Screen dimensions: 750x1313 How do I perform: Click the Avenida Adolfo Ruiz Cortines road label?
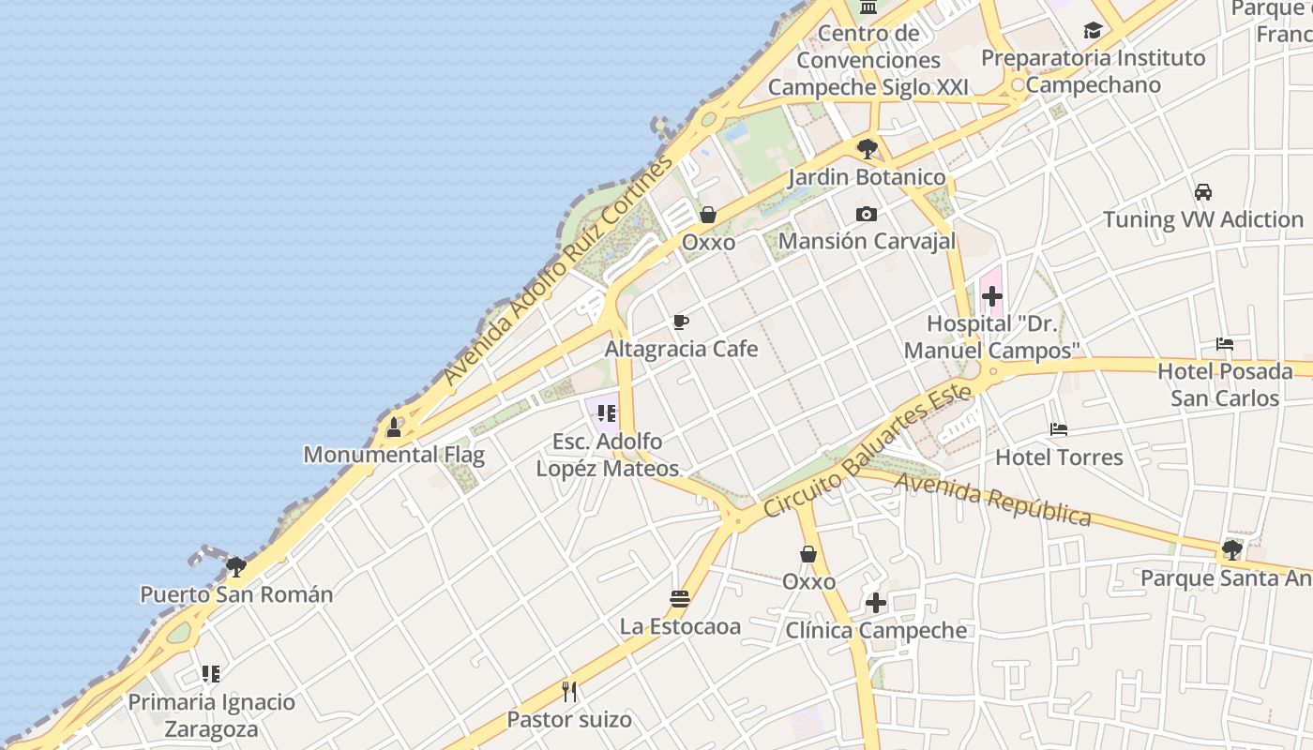[x=559, y=270]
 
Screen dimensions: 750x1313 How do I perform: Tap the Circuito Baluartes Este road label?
[x=867, y=455]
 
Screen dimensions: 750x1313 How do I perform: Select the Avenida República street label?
[x=993, y=500]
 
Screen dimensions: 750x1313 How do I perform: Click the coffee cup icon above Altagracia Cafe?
[x=681, y=322]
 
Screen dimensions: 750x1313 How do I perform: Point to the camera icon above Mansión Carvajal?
[x=867, y=215]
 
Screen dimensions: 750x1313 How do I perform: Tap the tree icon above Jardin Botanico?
[x=868, y=148]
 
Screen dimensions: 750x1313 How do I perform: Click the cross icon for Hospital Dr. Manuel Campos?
[x=991, y=297]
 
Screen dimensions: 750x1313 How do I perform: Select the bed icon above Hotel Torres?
[x=1059, y=430]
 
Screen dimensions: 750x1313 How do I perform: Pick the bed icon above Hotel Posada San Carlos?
[x=1225, y=344]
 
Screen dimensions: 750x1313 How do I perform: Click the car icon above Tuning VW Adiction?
[x=1203, y=192]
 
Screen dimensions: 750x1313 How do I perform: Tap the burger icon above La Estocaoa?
[x=680, y=598]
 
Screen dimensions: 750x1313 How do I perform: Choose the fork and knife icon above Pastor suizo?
[x=569, y=692]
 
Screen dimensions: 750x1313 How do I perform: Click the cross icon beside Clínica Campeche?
[x=876, y=602]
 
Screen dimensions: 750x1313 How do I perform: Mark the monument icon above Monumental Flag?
[x=394, y=428]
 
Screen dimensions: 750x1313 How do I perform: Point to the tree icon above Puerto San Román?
[x=236, y=566]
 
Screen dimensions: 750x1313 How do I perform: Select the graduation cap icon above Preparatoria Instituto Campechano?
[x=1093, y=31]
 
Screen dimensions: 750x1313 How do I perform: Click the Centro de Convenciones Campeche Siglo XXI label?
[x=868, y=60]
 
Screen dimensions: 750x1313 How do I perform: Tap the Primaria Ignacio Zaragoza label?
[x=211, y=715]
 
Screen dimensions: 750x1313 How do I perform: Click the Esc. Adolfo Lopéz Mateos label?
[x=607, y=455]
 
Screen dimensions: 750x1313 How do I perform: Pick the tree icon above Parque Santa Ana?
[x=1232, y=550]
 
